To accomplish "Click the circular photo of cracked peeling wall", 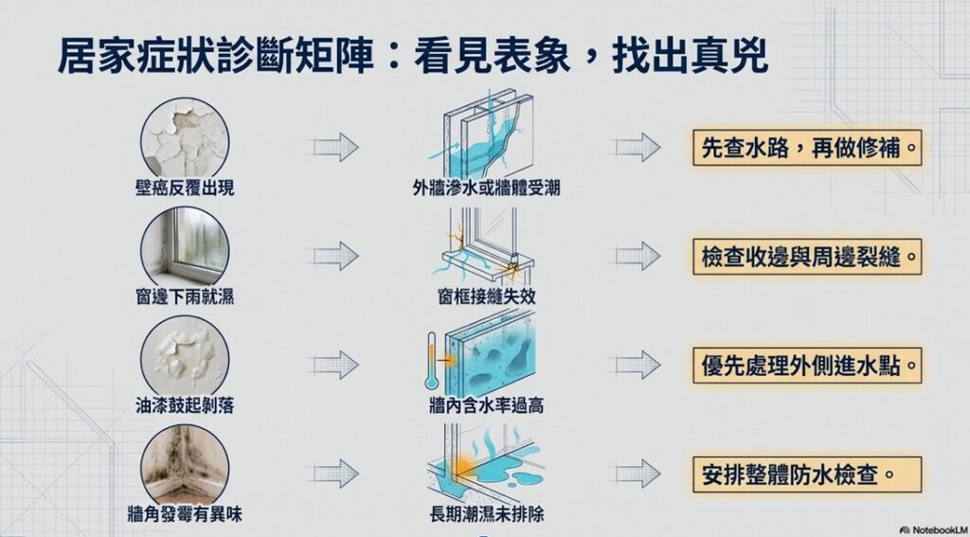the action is pos(185,139).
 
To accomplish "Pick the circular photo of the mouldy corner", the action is pos(185,465).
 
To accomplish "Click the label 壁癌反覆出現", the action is pos(185,188).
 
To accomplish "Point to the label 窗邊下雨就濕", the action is pos(185,296).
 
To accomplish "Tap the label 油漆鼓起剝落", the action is pos(185,405).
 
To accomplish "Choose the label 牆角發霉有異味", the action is pos(185,514).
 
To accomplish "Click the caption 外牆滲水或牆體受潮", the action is pos(486,188).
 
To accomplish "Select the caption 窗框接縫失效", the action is pos(486,296).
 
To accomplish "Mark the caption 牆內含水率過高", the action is pos(486,405).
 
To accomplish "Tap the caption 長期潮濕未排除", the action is pos(486,514).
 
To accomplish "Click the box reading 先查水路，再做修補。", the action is pos(807,147).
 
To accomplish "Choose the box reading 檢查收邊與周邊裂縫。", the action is pos(807,256).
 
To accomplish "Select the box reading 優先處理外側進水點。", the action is pos(807,365).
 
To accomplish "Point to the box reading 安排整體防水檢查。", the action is pos(807,474).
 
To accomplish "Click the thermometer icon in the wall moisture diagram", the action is pos(432,361).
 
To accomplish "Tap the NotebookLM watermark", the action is pos(933,530).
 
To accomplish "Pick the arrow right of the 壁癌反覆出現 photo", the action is pos(335,147).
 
